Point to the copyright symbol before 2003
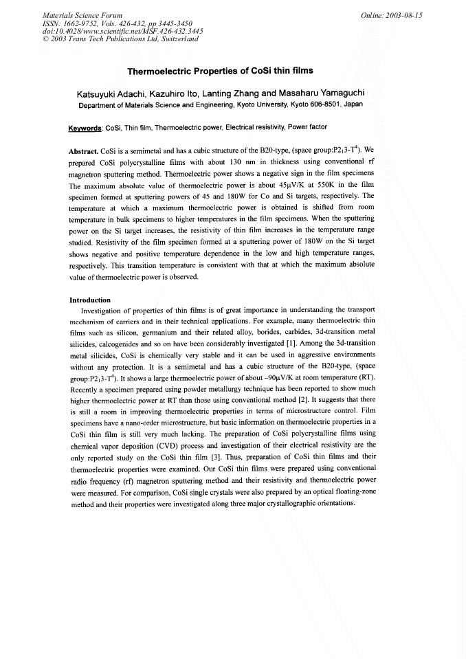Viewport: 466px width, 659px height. (45, 40)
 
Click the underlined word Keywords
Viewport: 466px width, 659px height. (85, 128)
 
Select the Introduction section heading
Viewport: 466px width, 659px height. (90, 300)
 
